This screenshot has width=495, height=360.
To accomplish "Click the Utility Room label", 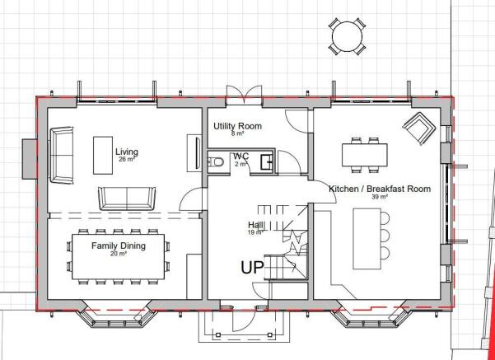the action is pyautogui.click(x=237, y=126).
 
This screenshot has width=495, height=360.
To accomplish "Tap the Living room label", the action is pyautogui.click(x=127, y=152).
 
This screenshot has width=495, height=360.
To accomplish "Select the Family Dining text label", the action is pyautogui.click(x=119, y=245).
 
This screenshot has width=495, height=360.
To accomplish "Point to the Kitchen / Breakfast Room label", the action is pyautogui.click(x=380, y=189).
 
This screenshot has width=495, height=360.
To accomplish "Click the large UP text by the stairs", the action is pyautogui.click(x=252, y=267).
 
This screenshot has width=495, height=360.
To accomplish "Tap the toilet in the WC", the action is pyautogui.click(x=217, y=162).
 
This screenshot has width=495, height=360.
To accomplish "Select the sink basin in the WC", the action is pyautogui.click(x=266, y=162).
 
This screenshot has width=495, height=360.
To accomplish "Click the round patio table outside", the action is pyautogui.click(x=347, y=36).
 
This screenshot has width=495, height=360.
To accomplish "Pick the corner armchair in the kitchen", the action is pyautogui.click(x=419, y=128).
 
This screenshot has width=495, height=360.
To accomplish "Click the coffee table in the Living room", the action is pyautogui.click(x=103, y=155).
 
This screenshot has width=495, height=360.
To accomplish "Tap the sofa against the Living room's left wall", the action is pyautogui.click(x=62, y=155).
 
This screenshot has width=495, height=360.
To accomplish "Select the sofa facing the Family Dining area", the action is pyautogui.click(x=127, y=199).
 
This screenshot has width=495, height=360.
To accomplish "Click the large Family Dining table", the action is pyautogui.click(x=119, y=256).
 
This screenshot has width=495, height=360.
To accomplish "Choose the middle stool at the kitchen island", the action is pyautogui.click(x=385, y=235).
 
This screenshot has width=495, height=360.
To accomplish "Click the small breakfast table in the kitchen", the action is pyautogui.click(x=365, y=155).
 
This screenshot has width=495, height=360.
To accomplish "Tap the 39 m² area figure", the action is pyautogui.click(x=380, y=196).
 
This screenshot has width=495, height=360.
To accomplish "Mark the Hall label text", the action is pyautogui.click(x=255, y=225).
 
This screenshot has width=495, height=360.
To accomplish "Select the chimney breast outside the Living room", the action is pyautogui.click(x=30, y=159).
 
